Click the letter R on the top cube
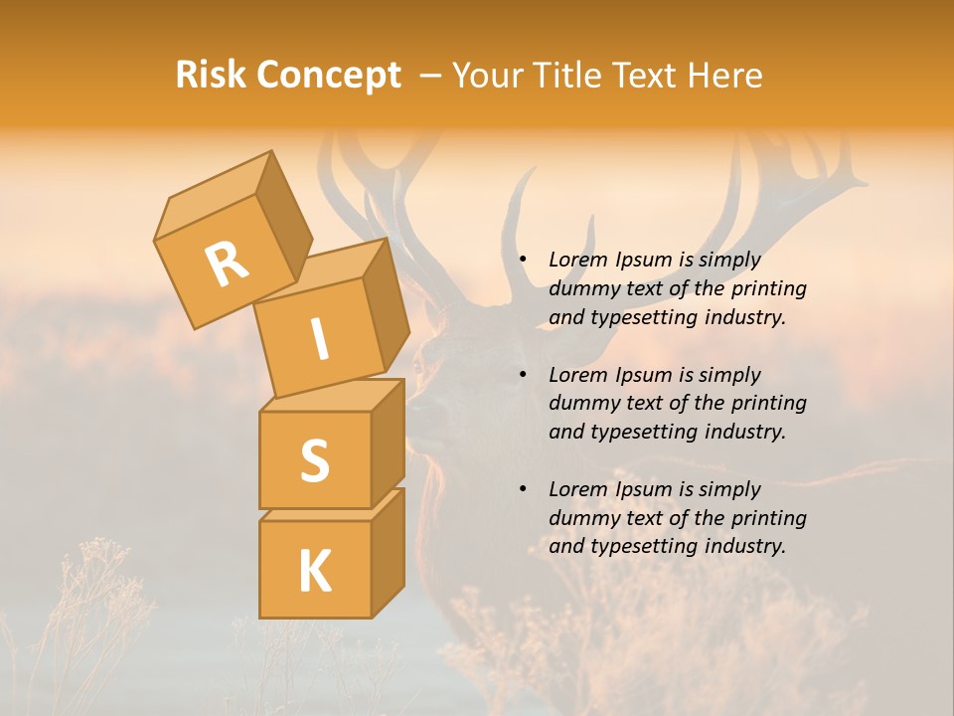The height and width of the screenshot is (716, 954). pyautogui.click(x=227, y=264)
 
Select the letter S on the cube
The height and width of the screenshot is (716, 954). pyautogui.click(x=314, y=460)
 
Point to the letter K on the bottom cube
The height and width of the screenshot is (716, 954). pyautogui.click(x=314, y=571)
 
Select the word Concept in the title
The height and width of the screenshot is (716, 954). pyautogui.click(x=328, y=76)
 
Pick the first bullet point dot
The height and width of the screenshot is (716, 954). pyautogui.click(x=523, y=261)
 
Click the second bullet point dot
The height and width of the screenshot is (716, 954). pyautogui.click(x=523, y=376)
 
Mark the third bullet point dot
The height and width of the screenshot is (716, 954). pyautogui.click(x=523, y=490)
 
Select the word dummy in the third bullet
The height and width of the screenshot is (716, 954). pyautogui.click(x=580, y=518)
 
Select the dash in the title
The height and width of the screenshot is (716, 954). pyautogui.click(x=431, y=76)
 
